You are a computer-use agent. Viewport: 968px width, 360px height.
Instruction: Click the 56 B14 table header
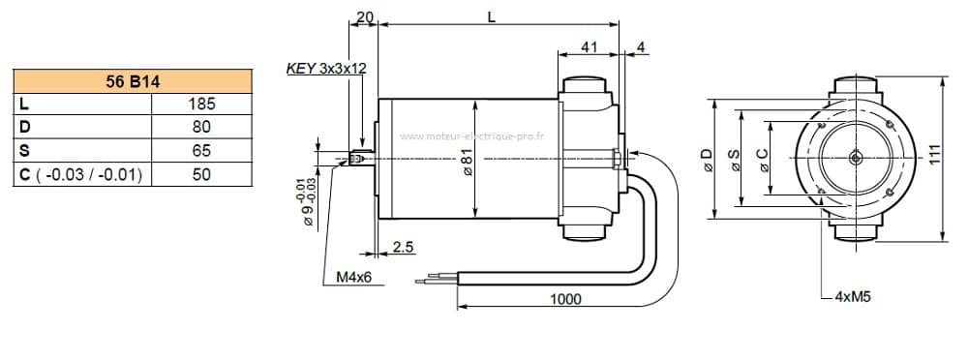(x=133, y=81)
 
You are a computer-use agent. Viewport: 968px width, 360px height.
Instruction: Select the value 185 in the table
(x=202, y=104)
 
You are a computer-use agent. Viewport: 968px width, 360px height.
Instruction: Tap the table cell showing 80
(x=202, y=127)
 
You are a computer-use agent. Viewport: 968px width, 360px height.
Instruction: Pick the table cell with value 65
(x=202, y=150)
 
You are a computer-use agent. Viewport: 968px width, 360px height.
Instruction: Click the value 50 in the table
(x=202, y=174)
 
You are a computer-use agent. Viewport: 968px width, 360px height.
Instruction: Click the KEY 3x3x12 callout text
(x=326, y=68)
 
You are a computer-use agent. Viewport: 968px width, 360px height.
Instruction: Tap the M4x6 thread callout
(x=353, y=277)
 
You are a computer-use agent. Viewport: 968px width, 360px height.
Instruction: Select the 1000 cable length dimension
(x=565, y=299)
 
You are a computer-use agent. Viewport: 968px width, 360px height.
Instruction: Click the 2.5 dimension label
(x=403, y=247)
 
